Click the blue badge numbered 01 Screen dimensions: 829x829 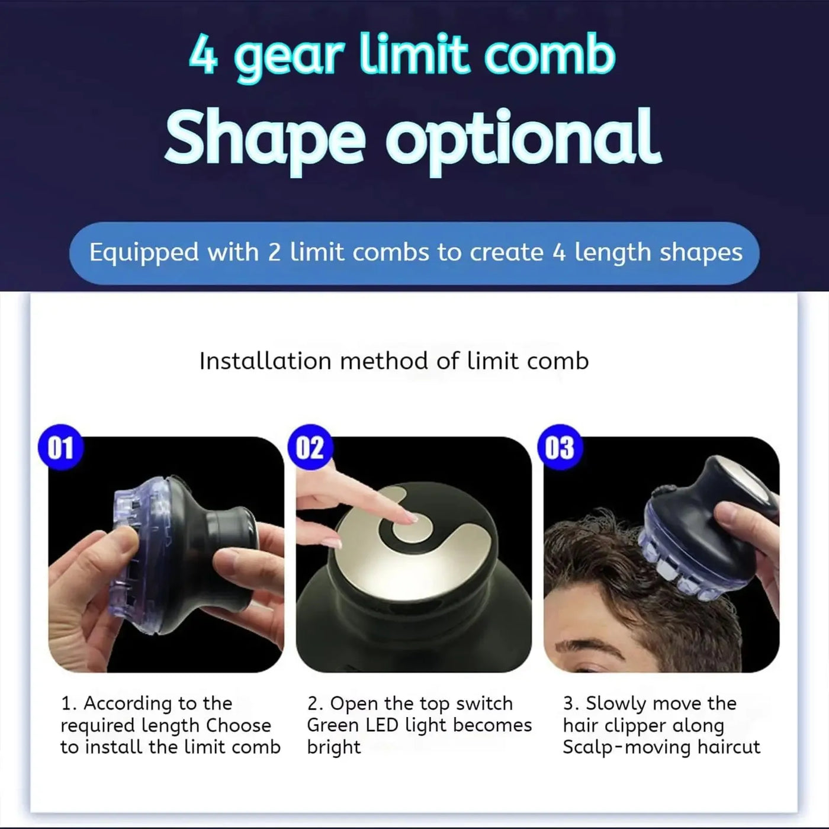tap(60, 448)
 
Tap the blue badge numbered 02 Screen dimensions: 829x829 tap(310, 448)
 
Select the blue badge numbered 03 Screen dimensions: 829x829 tap(560, 448)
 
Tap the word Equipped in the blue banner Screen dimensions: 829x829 tap(144, 253)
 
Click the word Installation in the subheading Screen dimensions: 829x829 tap(265, 361)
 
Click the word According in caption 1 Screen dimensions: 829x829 tap(124, 703)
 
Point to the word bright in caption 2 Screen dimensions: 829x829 tap(333, 747)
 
